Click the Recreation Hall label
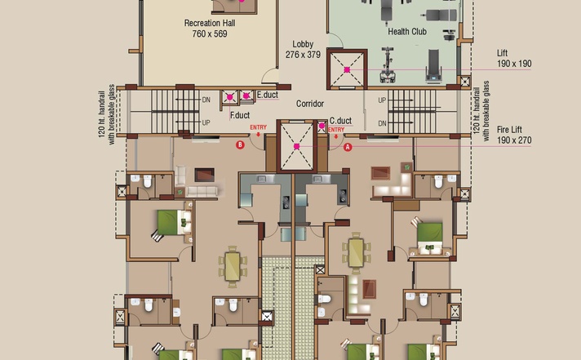click(210, 23)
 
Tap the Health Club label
click(407, 32)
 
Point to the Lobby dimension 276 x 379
click(303, 55)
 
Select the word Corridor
click(310, 104)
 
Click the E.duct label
click(268, 95)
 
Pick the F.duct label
click(240, 115)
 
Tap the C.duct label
click(340, 121)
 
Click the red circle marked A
click(348, 147)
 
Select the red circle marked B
click(240, 145)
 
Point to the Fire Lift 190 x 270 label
click(514, 135)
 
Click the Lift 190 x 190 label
click(514, 59)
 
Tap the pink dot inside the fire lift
click(296, 146)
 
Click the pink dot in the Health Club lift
click(347, 69)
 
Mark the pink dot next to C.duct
click(322, 126)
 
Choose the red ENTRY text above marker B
click(258, 127)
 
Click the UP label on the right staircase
click(382, 100)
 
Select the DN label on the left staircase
click(206, 100)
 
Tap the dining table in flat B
click(233, 267)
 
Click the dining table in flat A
click(356, 253)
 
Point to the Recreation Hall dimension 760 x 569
click(210, 33)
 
